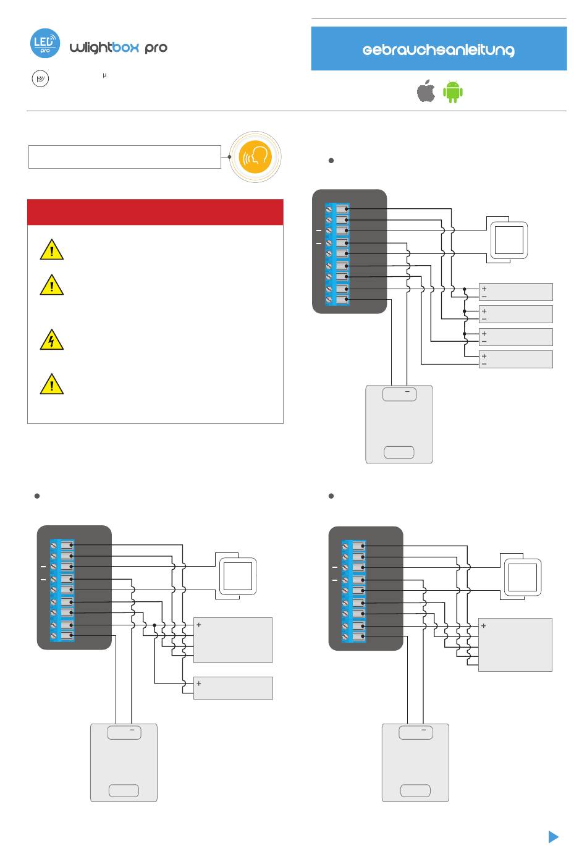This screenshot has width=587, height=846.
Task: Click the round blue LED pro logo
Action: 45,43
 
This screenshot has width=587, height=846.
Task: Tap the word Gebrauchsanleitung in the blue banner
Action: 438,50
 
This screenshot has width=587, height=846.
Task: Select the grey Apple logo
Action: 426,91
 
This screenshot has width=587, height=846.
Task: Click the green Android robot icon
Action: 453,92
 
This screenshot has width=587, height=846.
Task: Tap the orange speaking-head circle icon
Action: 255,157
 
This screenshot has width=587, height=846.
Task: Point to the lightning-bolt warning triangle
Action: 52,339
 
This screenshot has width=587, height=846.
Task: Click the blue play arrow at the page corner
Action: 553,836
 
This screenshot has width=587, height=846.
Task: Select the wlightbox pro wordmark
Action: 119,48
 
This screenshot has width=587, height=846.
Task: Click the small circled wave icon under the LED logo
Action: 40,78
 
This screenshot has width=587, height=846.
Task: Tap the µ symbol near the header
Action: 104,75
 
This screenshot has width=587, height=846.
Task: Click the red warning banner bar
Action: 155,212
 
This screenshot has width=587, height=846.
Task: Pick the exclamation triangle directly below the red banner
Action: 52,250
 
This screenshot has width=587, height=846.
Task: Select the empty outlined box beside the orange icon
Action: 125,157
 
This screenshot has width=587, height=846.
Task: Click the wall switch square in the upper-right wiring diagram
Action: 509,240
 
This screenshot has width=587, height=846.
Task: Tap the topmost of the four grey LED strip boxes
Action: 515,292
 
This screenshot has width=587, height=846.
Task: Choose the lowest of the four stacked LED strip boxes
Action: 515,359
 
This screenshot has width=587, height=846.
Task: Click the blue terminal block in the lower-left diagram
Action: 62,590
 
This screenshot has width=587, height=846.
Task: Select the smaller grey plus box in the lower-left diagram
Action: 233,688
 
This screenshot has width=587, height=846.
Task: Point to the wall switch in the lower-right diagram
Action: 523,577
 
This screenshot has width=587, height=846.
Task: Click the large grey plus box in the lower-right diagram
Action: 515,645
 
